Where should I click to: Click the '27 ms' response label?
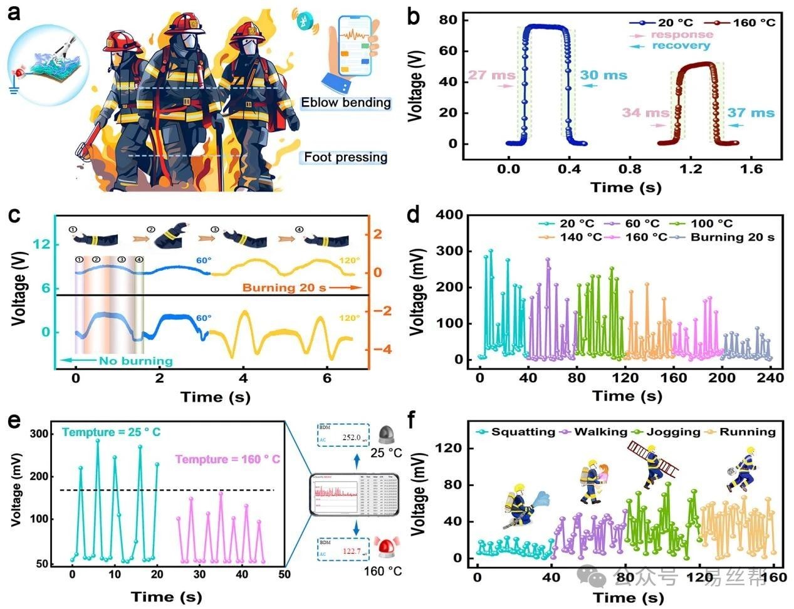click(491, 75)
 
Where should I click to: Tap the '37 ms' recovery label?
click(751, 113)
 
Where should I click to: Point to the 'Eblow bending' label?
click(345, 103)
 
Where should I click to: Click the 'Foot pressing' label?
click(345, 157)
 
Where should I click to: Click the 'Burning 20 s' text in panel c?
click(284, 288)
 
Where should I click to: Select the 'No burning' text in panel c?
click(135, 360)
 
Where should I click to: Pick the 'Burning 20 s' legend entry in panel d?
click(732, 237)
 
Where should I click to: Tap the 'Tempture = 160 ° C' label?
click(227, 459)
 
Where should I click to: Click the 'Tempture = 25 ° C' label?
click(111, 432)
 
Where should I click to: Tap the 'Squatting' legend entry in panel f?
click(523, 432)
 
